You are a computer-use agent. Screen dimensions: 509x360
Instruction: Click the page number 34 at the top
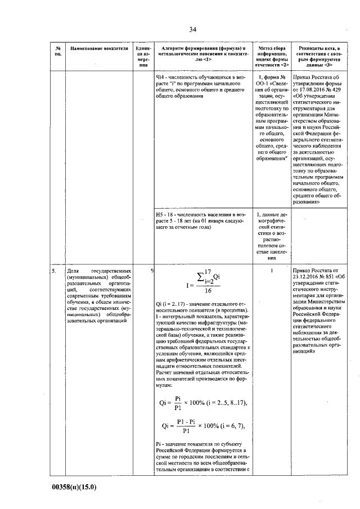coord(192,29)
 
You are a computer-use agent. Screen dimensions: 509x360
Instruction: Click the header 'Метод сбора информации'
coord(272,52)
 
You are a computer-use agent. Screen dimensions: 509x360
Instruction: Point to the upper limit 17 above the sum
coord(207,271)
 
